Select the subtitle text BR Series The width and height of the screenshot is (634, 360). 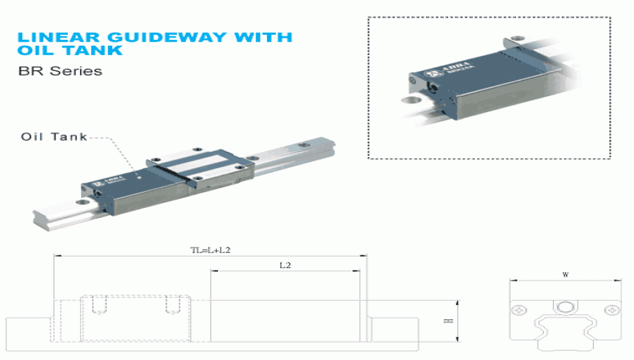tap(60, 71)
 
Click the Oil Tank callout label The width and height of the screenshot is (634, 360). tap(54, 137)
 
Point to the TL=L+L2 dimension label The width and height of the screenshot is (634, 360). tap(210, 250)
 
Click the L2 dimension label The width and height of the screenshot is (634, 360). tap(285, 265)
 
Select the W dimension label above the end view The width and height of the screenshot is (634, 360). tap(565, 275)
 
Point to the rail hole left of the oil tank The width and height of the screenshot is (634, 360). tap(81, 203)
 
